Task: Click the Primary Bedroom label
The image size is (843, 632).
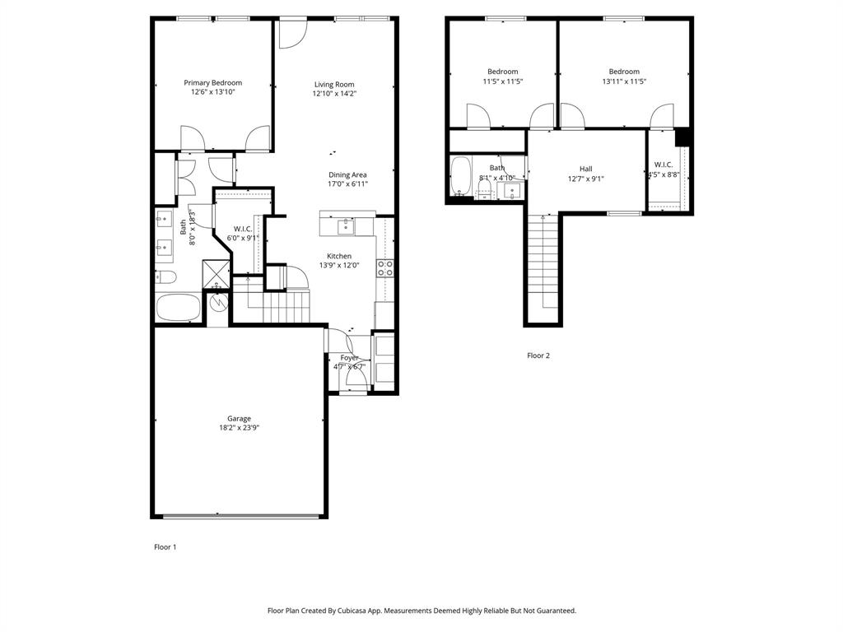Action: pyautogui.click(x=212, y=82)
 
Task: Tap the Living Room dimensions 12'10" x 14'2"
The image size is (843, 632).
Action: pyautogui.click(x=334, y=94)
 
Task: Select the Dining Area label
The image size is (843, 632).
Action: pyautogui.click(x=347, y=174)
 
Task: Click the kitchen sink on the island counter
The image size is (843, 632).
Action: pyautogui.click(x=347, y=223)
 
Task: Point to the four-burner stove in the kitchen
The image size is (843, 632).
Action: pyautogui.click(x=385, y=267)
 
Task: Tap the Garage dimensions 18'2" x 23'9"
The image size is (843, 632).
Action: pyautogui.click(x=240, y=428)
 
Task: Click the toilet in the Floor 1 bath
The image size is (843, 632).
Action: pyautogui.click(x=165, y=276)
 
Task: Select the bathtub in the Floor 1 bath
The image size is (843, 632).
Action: pyautogui.click(x=178, y=309)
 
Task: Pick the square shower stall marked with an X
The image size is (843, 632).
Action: pyautogui.click(x=217, y=272)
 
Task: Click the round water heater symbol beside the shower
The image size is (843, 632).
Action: pyautogui.click(x=218, y=302)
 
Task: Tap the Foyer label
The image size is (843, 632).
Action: pyautogui.click(x=350, y=358)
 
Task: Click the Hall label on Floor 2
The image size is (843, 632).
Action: pyautogui.click(x=585, y=169)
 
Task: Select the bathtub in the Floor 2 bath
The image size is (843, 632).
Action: pyautogui.click(x=460, y=176)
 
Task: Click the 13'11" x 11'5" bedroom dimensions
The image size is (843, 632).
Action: pyautogui.click(x=623, y=81)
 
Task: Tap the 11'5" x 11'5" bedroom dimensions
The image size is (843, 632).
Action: pyautogui.click(x=502, y=81)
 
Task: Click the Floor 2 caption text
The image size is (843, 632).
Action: pyautogui.click(x=538, y=355)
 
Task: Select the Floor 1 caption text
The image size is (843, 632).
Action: pyautogui.click(x=165, y=546)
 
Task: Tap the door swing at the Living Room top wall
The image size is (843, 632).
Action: pyautogui.click(x=291, y=33)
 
